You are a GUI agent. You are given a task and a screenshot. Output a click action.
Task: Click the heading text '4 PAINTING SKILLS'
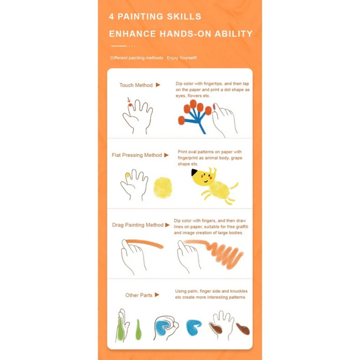155,17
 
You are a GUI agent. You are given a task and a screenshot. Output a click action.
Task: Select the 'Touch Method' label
136,85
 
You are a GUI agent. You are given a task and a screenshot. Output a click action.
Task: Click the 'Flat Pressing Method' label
137,156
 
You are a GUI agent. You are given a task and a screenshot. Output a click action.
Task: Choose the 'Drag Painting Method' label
138,225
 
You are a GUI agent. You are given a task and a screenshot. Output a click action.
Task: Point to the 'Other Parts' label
139,295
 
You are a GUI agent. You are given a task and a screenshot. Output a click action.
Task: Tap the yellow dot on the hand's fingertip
128,175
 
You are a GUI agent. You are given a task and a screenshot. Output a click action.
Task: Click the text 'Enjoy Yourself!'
181,58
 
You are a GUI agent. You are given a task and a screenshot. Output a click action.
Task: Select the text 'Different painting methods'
136,58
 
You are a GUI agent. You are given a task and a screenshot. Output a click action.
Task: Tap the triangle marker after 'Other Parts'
157,295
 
